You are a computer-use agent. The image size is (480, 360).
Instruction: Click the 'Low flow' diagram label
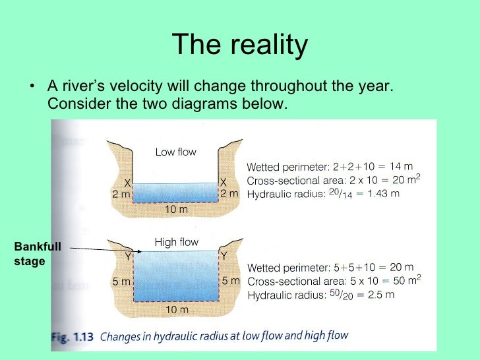(x=175, y=152)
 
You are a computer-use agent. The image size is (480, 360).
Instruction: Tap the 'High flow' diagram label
(x=176, y=242)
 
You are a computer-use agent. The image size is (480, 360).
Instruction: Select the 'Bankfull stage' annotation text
(x=38, y=254)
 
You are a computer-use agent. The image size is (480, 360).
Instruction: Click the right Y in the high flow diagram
(x=224, y=255)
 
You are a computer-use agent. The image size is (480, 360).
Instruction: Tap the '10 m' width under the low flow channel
(x=175, y=209)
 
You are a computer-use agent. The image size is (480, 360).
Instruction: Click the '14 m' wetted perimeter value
(x=400, y=167)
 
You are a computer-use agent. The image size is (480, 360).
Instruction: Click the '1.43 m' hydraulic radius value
(x=384, y=194)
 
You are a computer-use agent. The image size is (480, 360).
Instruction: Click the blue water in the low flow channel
(x=175, y=192)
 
